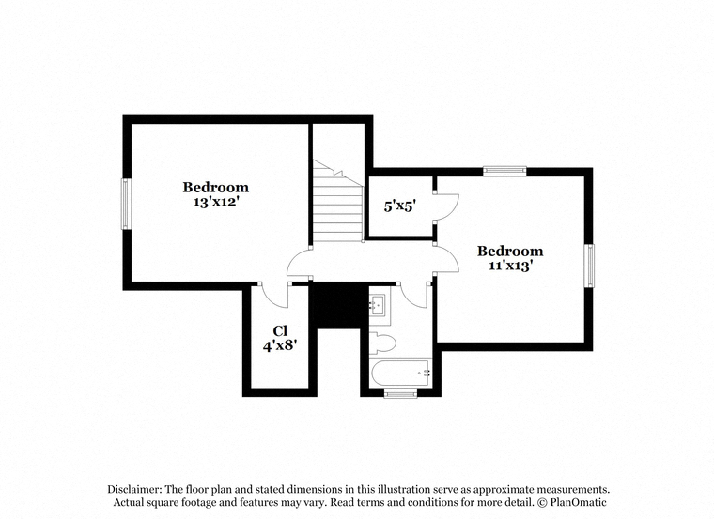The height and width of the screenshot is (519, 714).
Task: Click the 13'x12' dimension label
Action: click(216, 202)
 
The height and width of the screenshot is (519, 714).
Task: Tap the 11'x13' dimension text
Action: click(510, 266)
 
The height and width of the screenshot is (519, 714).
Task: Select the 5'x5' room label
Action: click(400, 206)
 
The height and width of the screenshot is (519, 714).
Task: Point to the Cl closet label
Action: click(281, 330)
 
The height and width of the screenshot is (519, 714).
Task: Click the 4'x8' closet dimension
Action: click(280, 346)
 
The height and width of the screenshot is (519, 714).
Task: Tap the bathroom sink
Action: click(377, 305)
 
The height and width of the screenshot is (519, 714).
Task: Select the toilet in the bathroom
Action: click(381, 343)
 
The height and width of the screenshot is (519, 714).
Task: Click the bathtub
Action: click(401, 374)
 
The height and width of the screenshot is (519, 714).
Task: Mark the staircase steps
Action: click(337, 201)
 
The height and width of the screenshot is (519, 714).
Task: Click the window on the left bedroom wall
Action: click(126, 204)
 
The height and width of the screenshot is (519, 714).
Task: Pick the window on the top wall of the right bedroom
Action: click(504, 172)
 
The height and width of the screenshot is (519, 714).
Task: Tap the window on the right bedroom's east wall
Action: click(589, 266)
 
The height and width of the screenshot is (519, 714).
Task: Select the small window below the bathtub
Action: click(400, 394)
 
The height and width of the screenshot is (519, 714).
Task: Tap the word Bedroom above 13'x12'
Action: click(216, 187)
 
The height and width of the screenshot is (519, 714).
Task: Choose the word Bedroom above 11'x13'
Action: click(510, 251)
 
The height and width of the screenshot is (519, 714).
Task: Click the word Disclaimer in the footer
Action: click(133, 489)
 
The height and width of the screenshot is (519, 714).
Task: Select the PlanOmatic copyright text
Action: click(572, 502)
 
